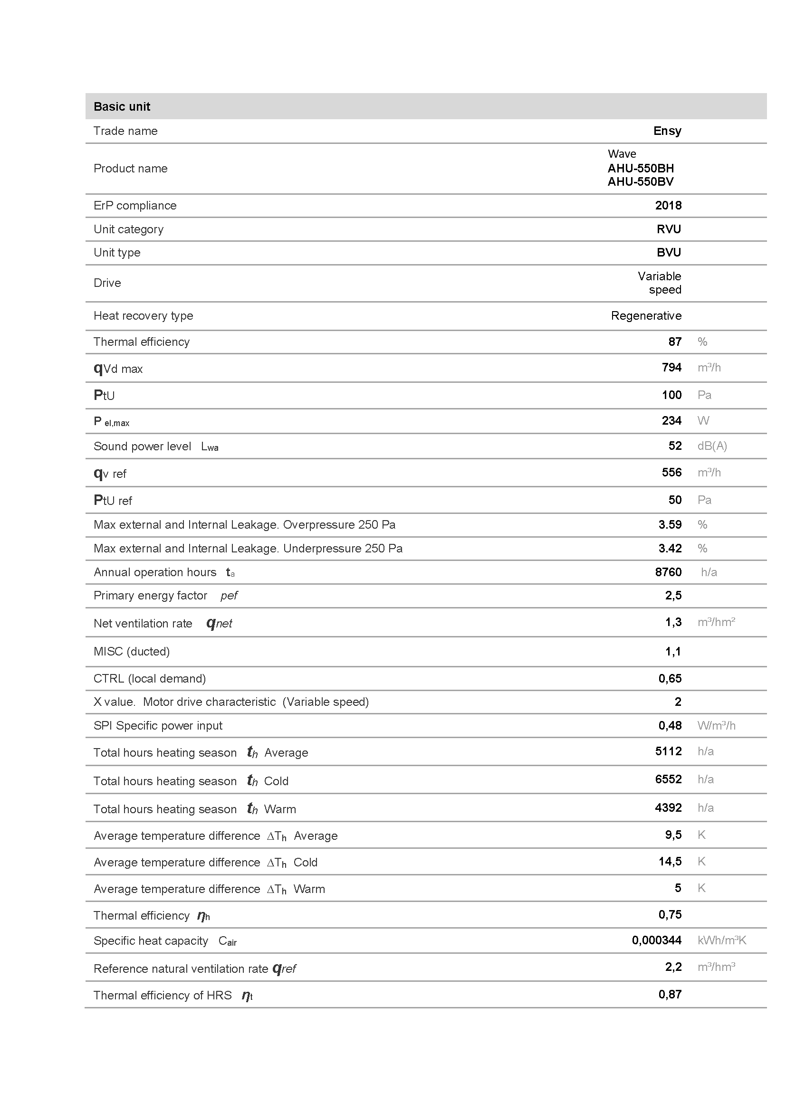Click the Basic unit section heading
click(x=122, y=106)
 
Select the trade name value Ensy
click(x=667, y=131)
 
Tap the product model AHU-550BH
click(x=640, y=169)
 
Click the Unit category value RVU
click(x=669, y=229)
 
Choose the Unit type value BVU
click(x=669, y=252)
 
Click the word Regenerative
click(x=646, y=315)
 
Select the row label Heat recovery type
click(x=143, y=315)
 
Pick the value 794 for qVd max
click(x=671, y=368)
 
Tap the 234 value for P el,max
click(x=671, y=420)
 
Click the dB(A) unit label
click(x=712, y=446)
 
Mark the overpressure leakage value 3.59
click(x=670, y=524)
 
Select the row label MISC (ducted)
click(x=132, y=651)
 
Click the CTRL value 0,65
click(x=670, y=678)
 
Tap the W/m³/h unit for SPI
click(x=716, y=725)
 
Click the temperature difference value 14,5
click(x=670, y=861)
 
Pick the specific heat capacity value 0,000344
click(x=656, y=940)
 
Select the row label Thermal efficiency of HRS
click(x=163, y=995)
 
